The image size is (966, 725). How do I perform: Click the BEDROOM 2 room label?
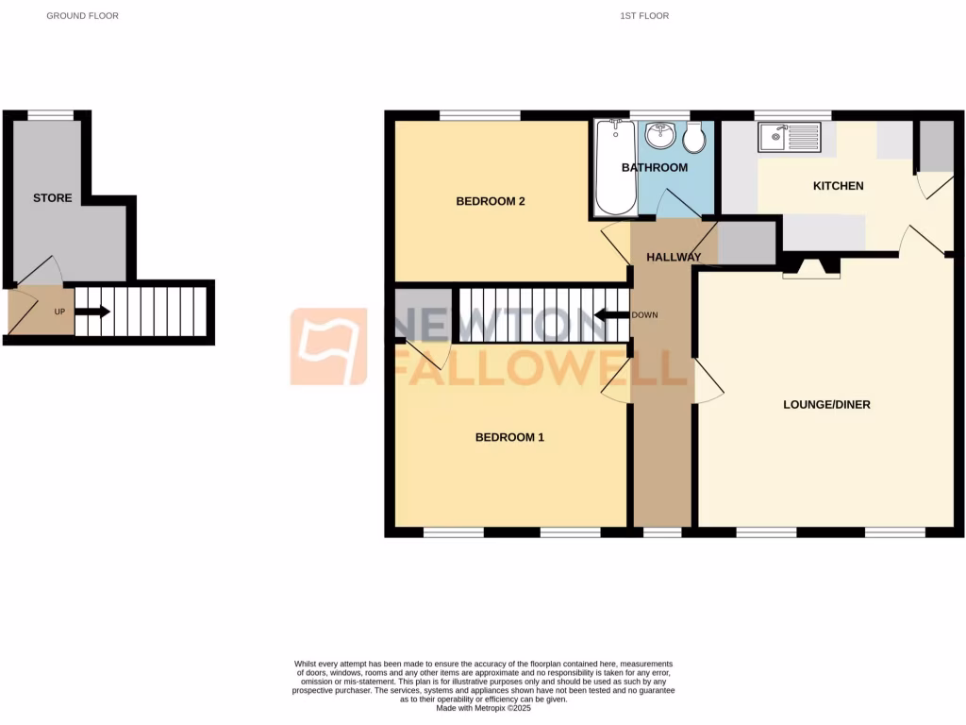490,201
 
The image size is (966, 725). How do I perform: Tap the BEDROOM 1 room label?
509,437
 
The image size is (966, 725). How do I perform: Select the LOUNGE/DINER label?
826,405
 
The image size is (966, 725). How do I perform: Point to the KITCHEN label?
838,186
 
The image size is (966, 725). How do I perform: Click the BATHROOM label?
654,167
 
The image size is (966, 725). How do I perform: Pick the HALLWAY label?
674,257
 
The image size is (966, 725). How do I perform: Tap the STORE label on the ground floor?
53,198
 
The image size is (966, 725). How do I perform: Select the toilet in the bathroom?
694,139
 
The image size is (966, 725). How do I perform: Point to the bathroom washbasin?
662,136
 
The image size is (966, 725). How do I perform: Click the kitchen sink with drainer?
791,138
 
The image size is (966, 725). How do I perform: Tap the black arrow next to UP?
93,312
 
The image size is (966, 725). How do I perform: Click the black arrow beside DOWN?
610,315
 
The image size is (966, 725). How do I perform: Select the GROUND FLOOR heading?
83,16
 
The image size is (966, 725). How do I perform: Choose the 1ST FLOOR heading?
644,16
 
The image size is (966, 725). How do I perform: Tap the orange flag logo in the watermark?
328,346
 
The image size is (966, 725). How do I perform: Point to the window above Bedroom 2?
479,115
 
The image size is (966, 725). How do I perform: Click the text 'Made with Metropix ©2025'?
483,708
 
